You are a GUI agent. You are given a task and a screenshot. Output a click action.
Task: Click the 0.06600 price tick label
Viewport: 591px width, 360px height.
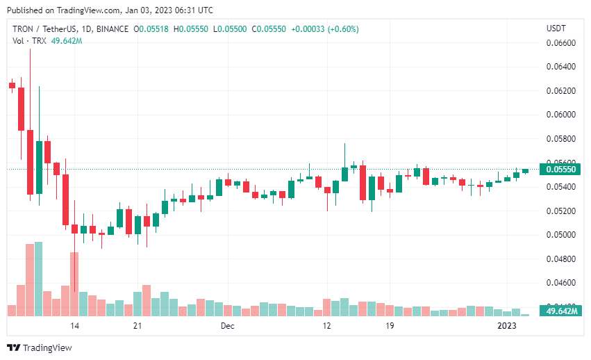pyautogui.click(x=563, y=43)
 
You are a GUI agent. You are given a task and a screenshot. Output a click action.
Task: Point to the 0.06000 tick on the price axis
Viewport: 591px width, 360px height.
pyautogui.click(x=563, y=115)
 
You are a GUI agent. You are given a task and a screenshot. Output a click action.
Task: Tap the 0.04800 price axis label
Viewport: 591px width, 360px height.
pyautogui.click(x=563, y=259)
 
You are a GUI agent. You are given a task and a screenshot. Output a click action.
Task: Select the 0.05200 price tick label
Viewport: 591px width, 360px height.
pyautogui.click(x=563, y=211)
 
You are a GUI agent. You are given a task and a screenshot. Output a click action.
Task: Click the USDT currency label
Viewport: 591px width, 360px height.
pyautogui.click(x=556, y=28)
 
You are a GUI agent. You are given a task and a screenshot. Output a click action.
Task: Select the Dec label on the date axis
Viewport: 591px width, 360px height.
pyautogui.click(x=228, y=325)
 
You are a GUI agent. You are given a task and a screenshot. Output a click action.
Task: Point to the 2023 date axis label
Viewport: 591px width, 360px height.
pyautogui.click(x=508, y=325)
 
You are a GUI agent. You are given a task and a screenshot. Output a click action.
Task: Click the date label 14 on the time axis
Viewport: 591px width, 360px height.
pyautogui.click(x=74, y=325)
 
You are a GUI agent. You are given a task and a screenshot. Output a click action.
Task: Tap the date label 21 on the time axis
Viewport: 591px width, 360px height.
pyautogui.click(x=138, y=325)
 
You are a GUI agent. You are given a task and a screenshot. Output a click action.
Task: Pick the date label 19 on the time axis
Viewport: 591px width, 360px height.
pyautogui.click(x=390, y=325)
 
